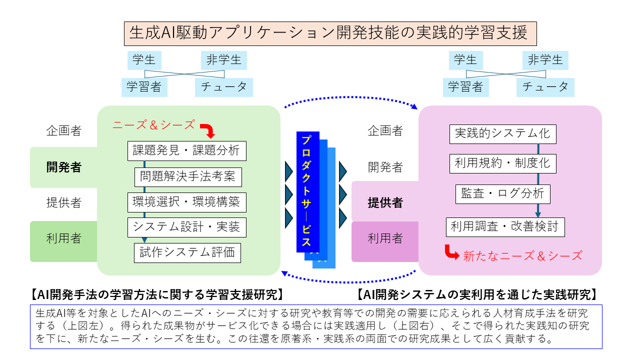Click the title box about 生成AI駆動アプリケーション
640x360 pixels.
pyautogui.click(x=329, y=33)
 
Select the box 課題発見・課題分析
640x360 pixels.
pyautogui.click(x=186, y=150)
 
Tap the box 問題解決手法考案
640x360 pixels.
pyautogui.click(x=187, y=176)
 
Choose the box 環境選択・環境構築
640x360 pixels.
pyautogui.click(x=186, y=202)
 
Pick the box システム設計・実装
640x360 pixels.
pyautogui.click(x=186, y=227)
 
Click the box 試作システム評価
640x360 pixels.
pyautogui.click(x=187, y=252)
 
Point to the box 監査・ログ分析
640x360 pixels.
pyautogui.click(x=502, y=193)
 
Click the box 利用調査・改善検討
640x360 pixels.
pyautogui.click(x=505, y=226)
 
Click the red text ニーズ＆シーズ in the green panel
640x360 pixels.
pyautogui.click(x=154, y=125)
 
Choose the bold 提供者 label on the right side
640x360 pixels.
pyautogui.click(x=385, y=203)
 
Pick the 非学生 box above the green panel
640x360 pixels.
pyautogui.click(x=224, y=60)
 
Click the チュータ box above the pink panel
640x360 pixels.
pyautogui.click(x=545, y=87)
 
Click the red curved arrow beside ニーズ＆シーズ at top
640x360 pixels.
pyautogui.click(x=209, y=131)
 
